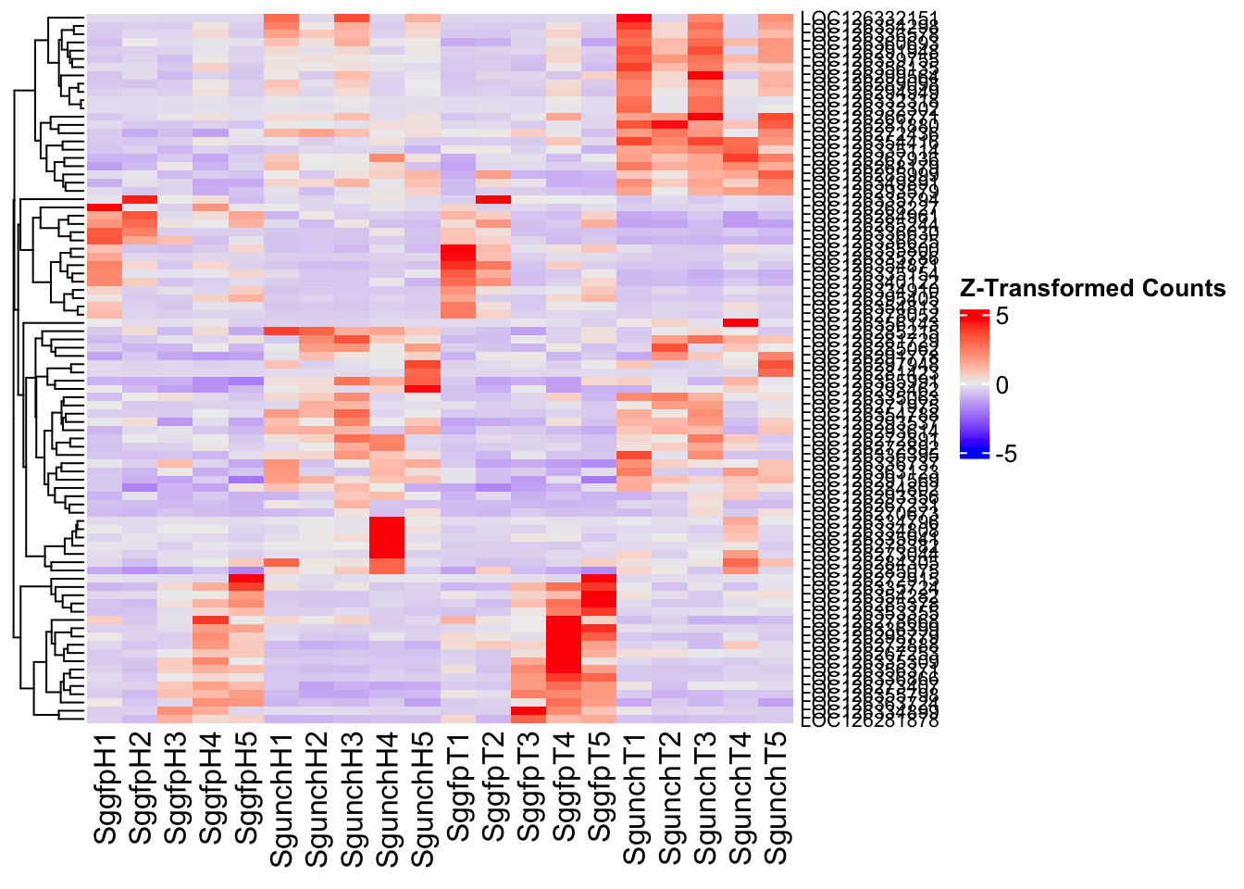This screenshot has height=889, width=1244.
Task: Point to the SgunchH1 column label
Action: [x=281, y=798]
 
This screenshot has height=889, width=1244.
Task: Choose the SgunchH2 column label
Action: [x=317, y=798]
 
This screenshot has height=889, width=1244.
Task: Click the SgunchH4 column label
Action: [x=387, y=798]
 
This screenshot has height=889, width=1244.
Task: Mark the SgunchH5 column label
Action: [x=422, y=798]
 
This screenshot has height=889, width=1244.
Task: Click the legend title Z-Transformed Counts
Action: [x=1093, y=288]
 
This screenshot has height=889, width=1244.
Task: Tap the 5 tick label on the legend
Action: [x=1002, y=316]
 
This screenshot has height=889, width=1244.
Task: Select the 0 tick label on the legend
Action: [x=1002, y=385]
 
